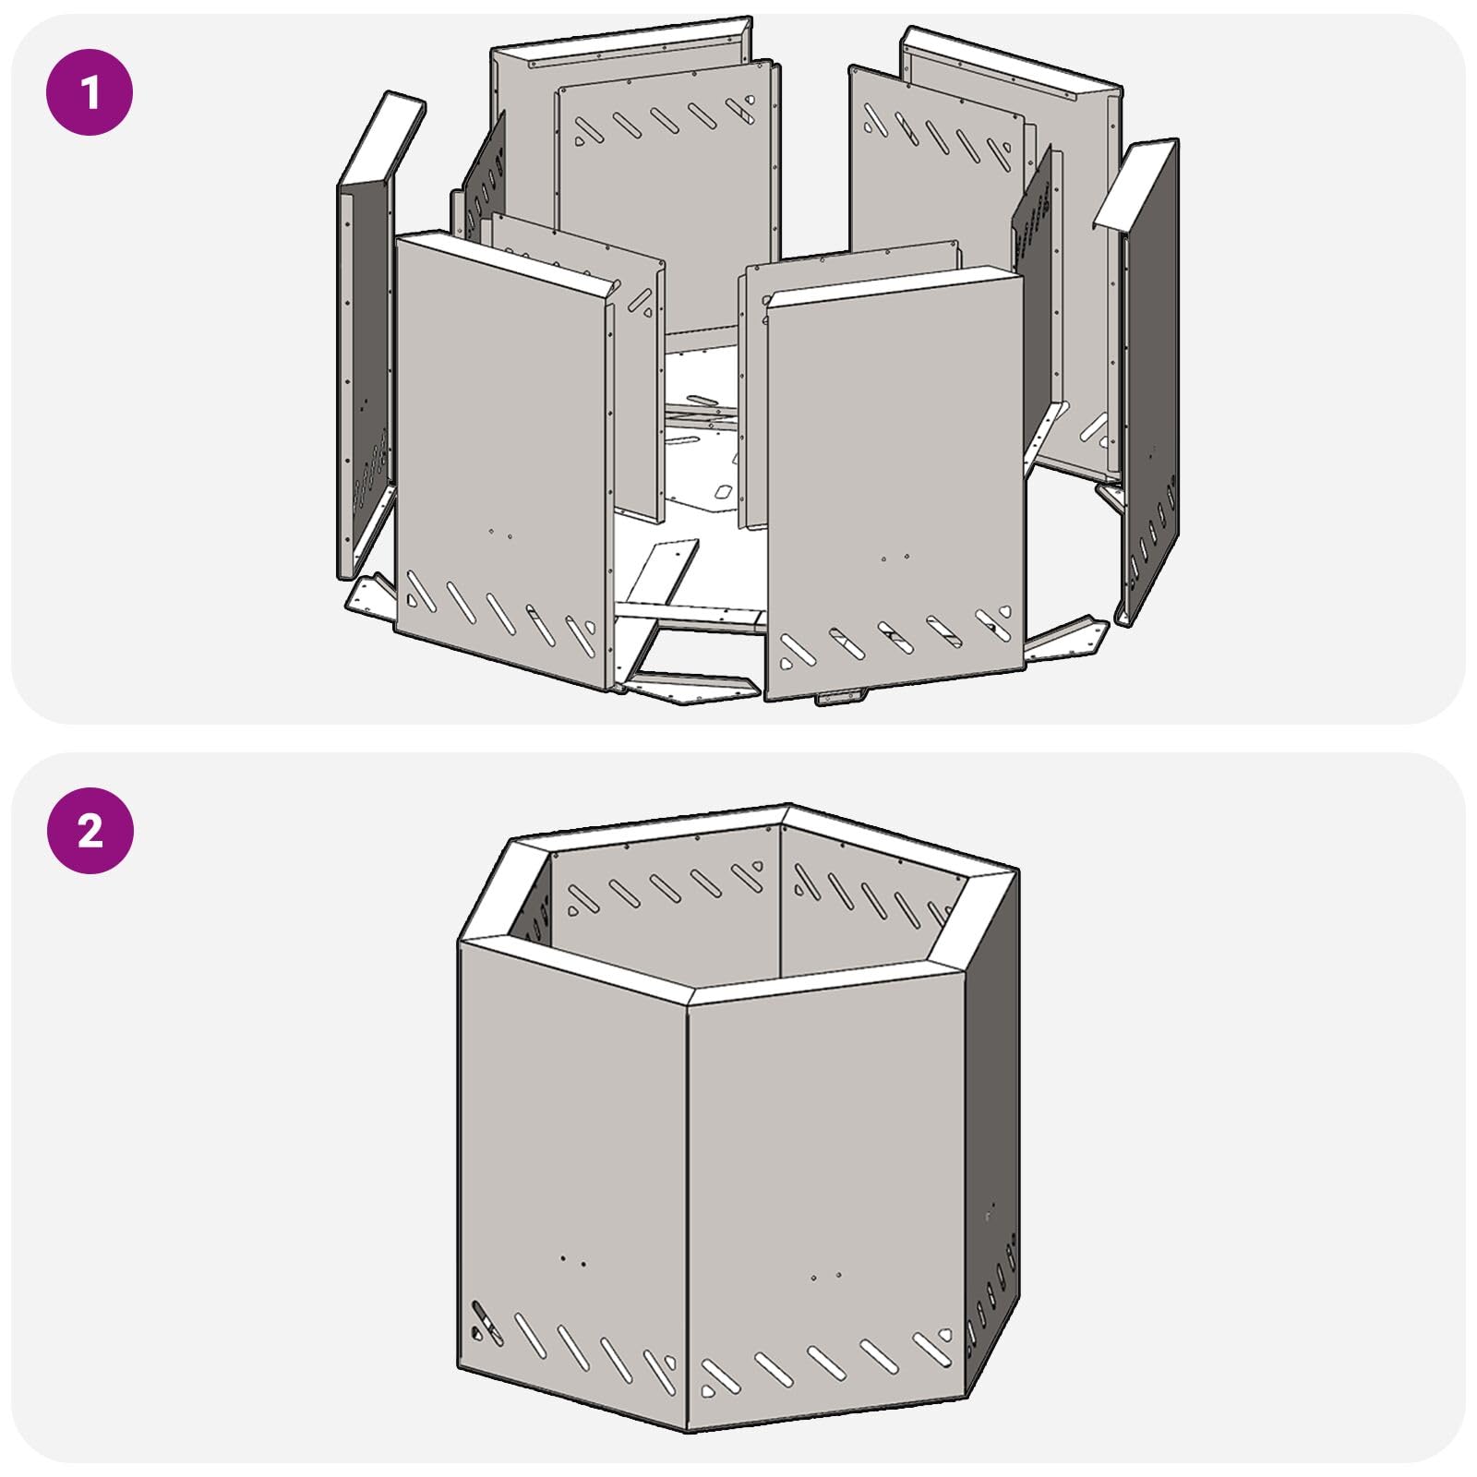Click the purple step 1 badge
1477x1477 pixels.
[90, 92]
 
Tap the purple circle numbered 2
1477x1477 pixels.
[90, 830]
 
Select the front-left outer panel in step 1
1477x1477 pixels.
[503, 462]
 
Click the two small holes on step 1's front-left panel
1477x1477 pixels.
[499, 533]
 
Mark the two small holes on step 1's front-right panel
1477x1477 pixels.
[895, 558]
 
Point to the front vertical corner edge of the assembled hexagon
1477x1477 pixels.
[687, 1218]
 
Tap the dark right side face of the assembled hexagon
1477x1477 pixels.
[992, 1135]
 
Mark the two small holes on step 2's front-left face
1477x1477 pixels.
[572, 1260]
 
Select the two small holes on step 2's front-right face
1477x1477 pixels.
[825, 1277]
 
